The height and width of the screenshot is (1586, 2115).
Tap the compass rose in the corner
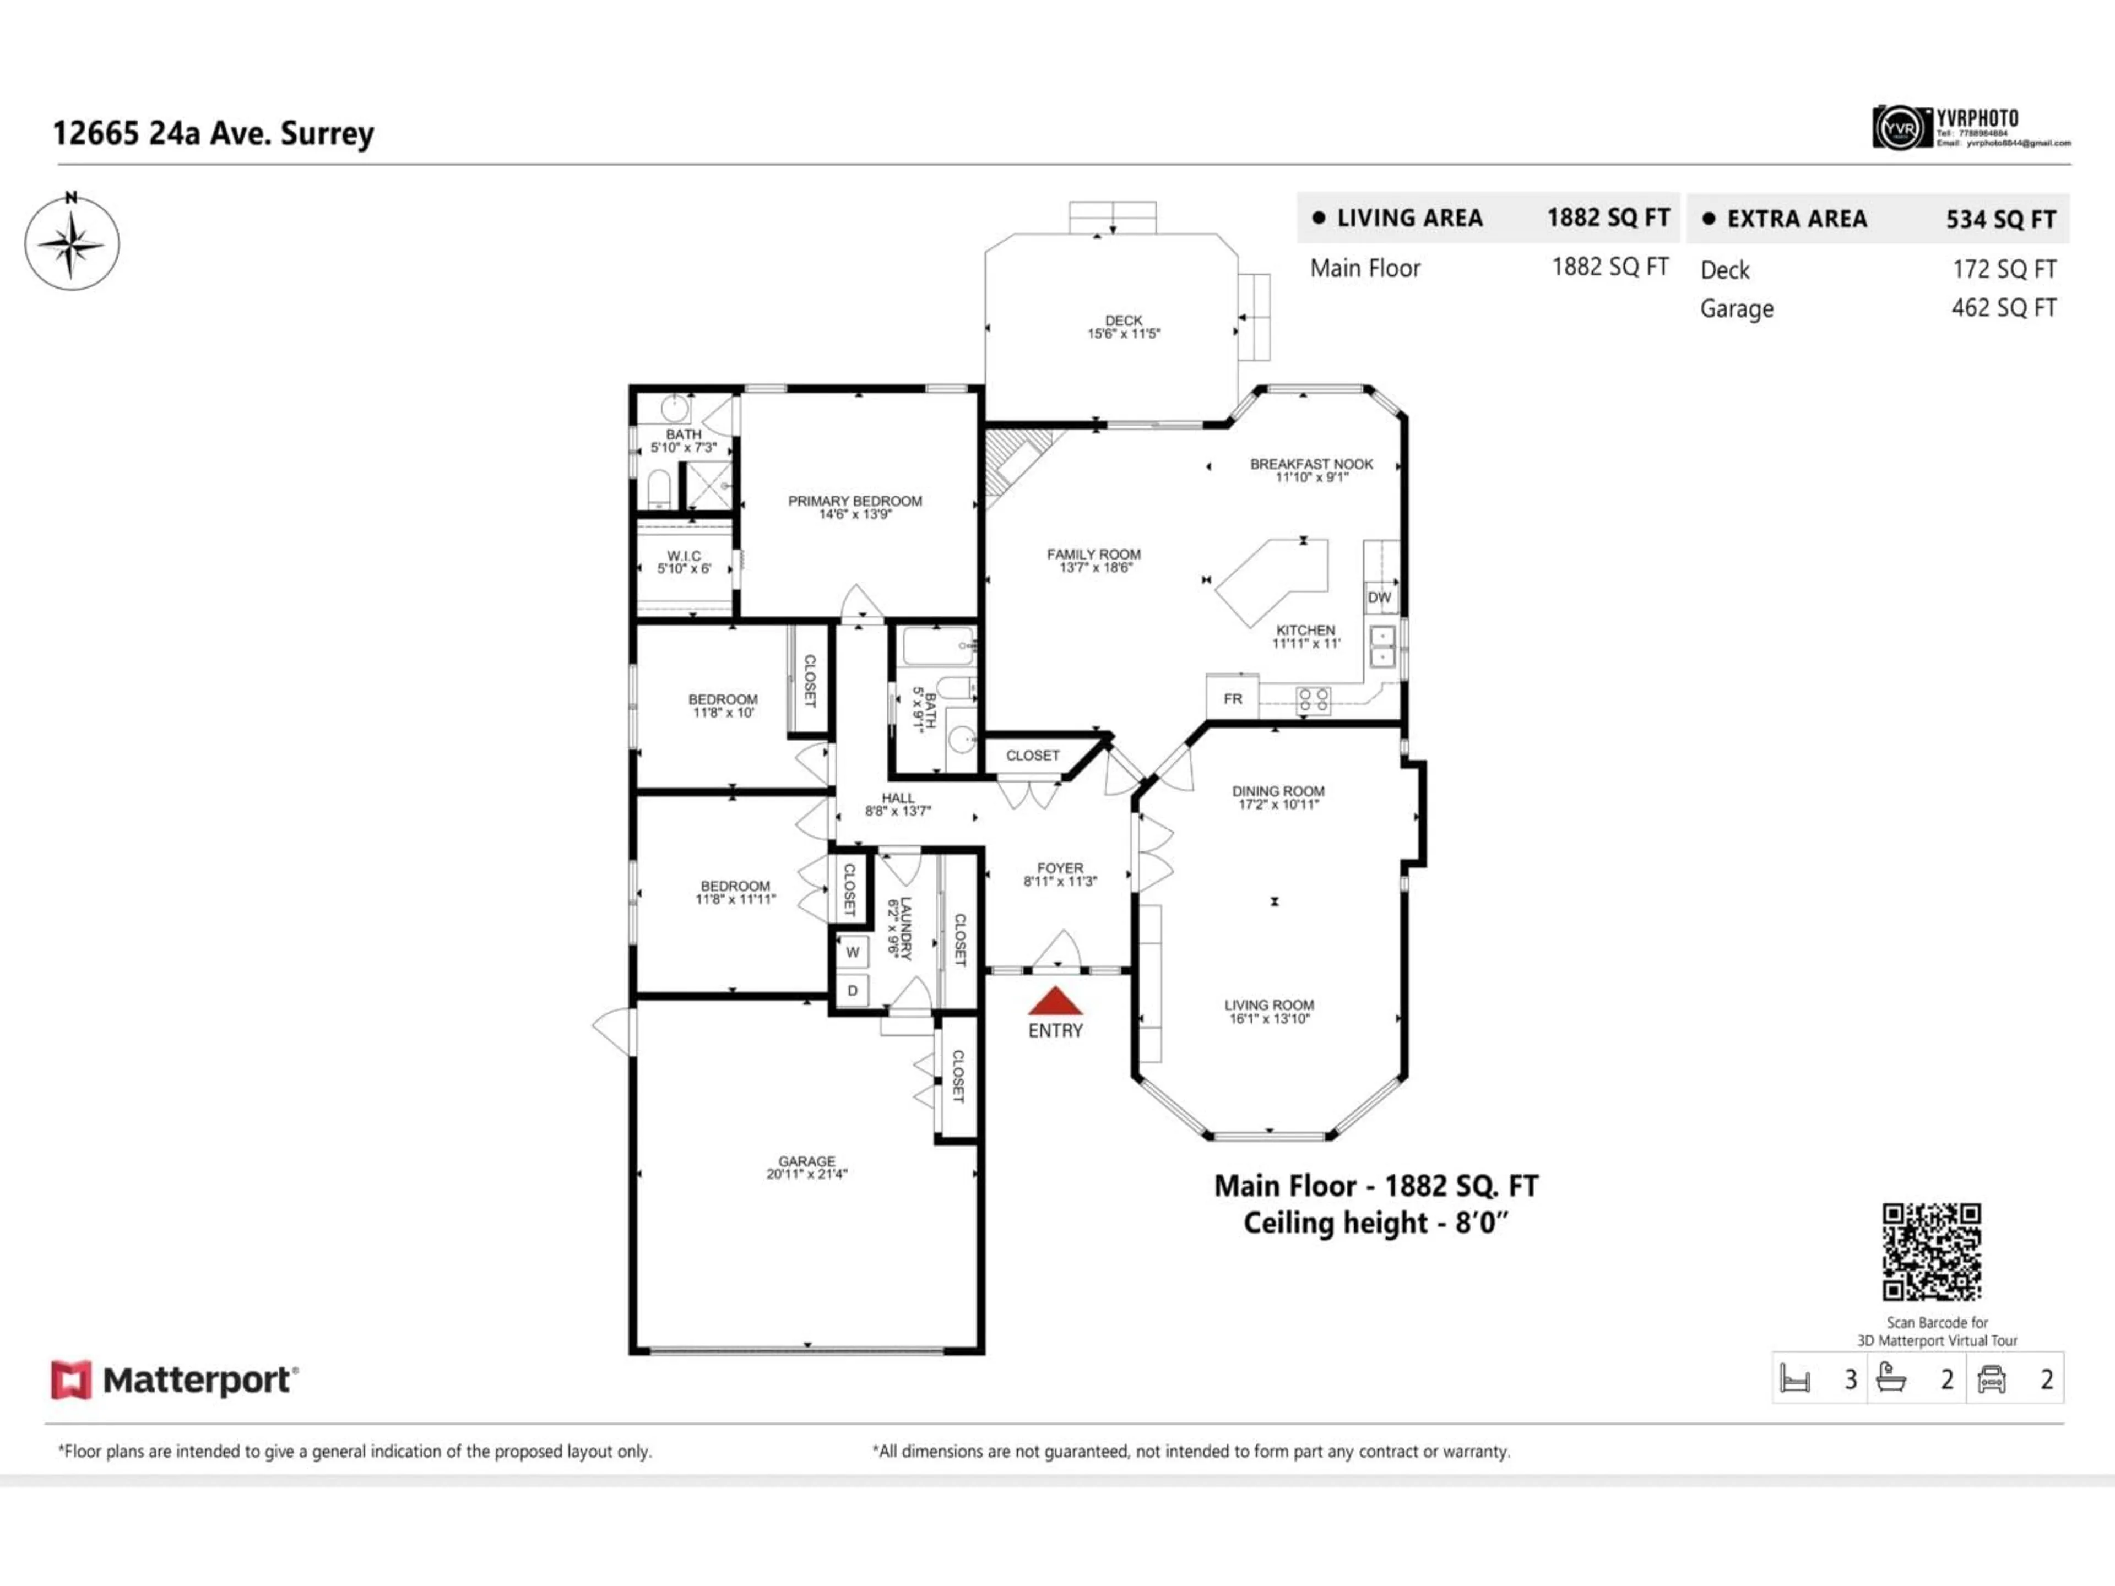click(x=72, y=243)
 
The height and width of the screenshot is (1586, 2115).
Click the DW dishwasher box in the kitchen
click(x=1379, y=598)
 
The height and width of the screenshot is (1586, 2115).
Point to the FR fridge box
click(x=1233, y=699)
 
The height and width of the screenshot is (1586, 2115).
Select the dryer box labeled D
click(x=852, y=990)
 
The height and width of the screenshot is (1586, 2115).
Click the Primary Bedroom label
click(x=855, y=501)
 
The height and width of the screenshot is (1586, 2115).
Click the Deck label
click(x=1124, y=321)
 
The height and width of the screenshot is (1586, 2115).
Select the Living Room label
click(x=1269, y=1005)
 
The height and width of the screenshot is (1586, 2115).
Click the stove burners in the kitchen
click(x=1313, y=700)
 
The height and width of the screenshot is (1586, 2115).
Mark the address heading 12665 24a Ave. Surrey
click(x=213, y=133)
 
